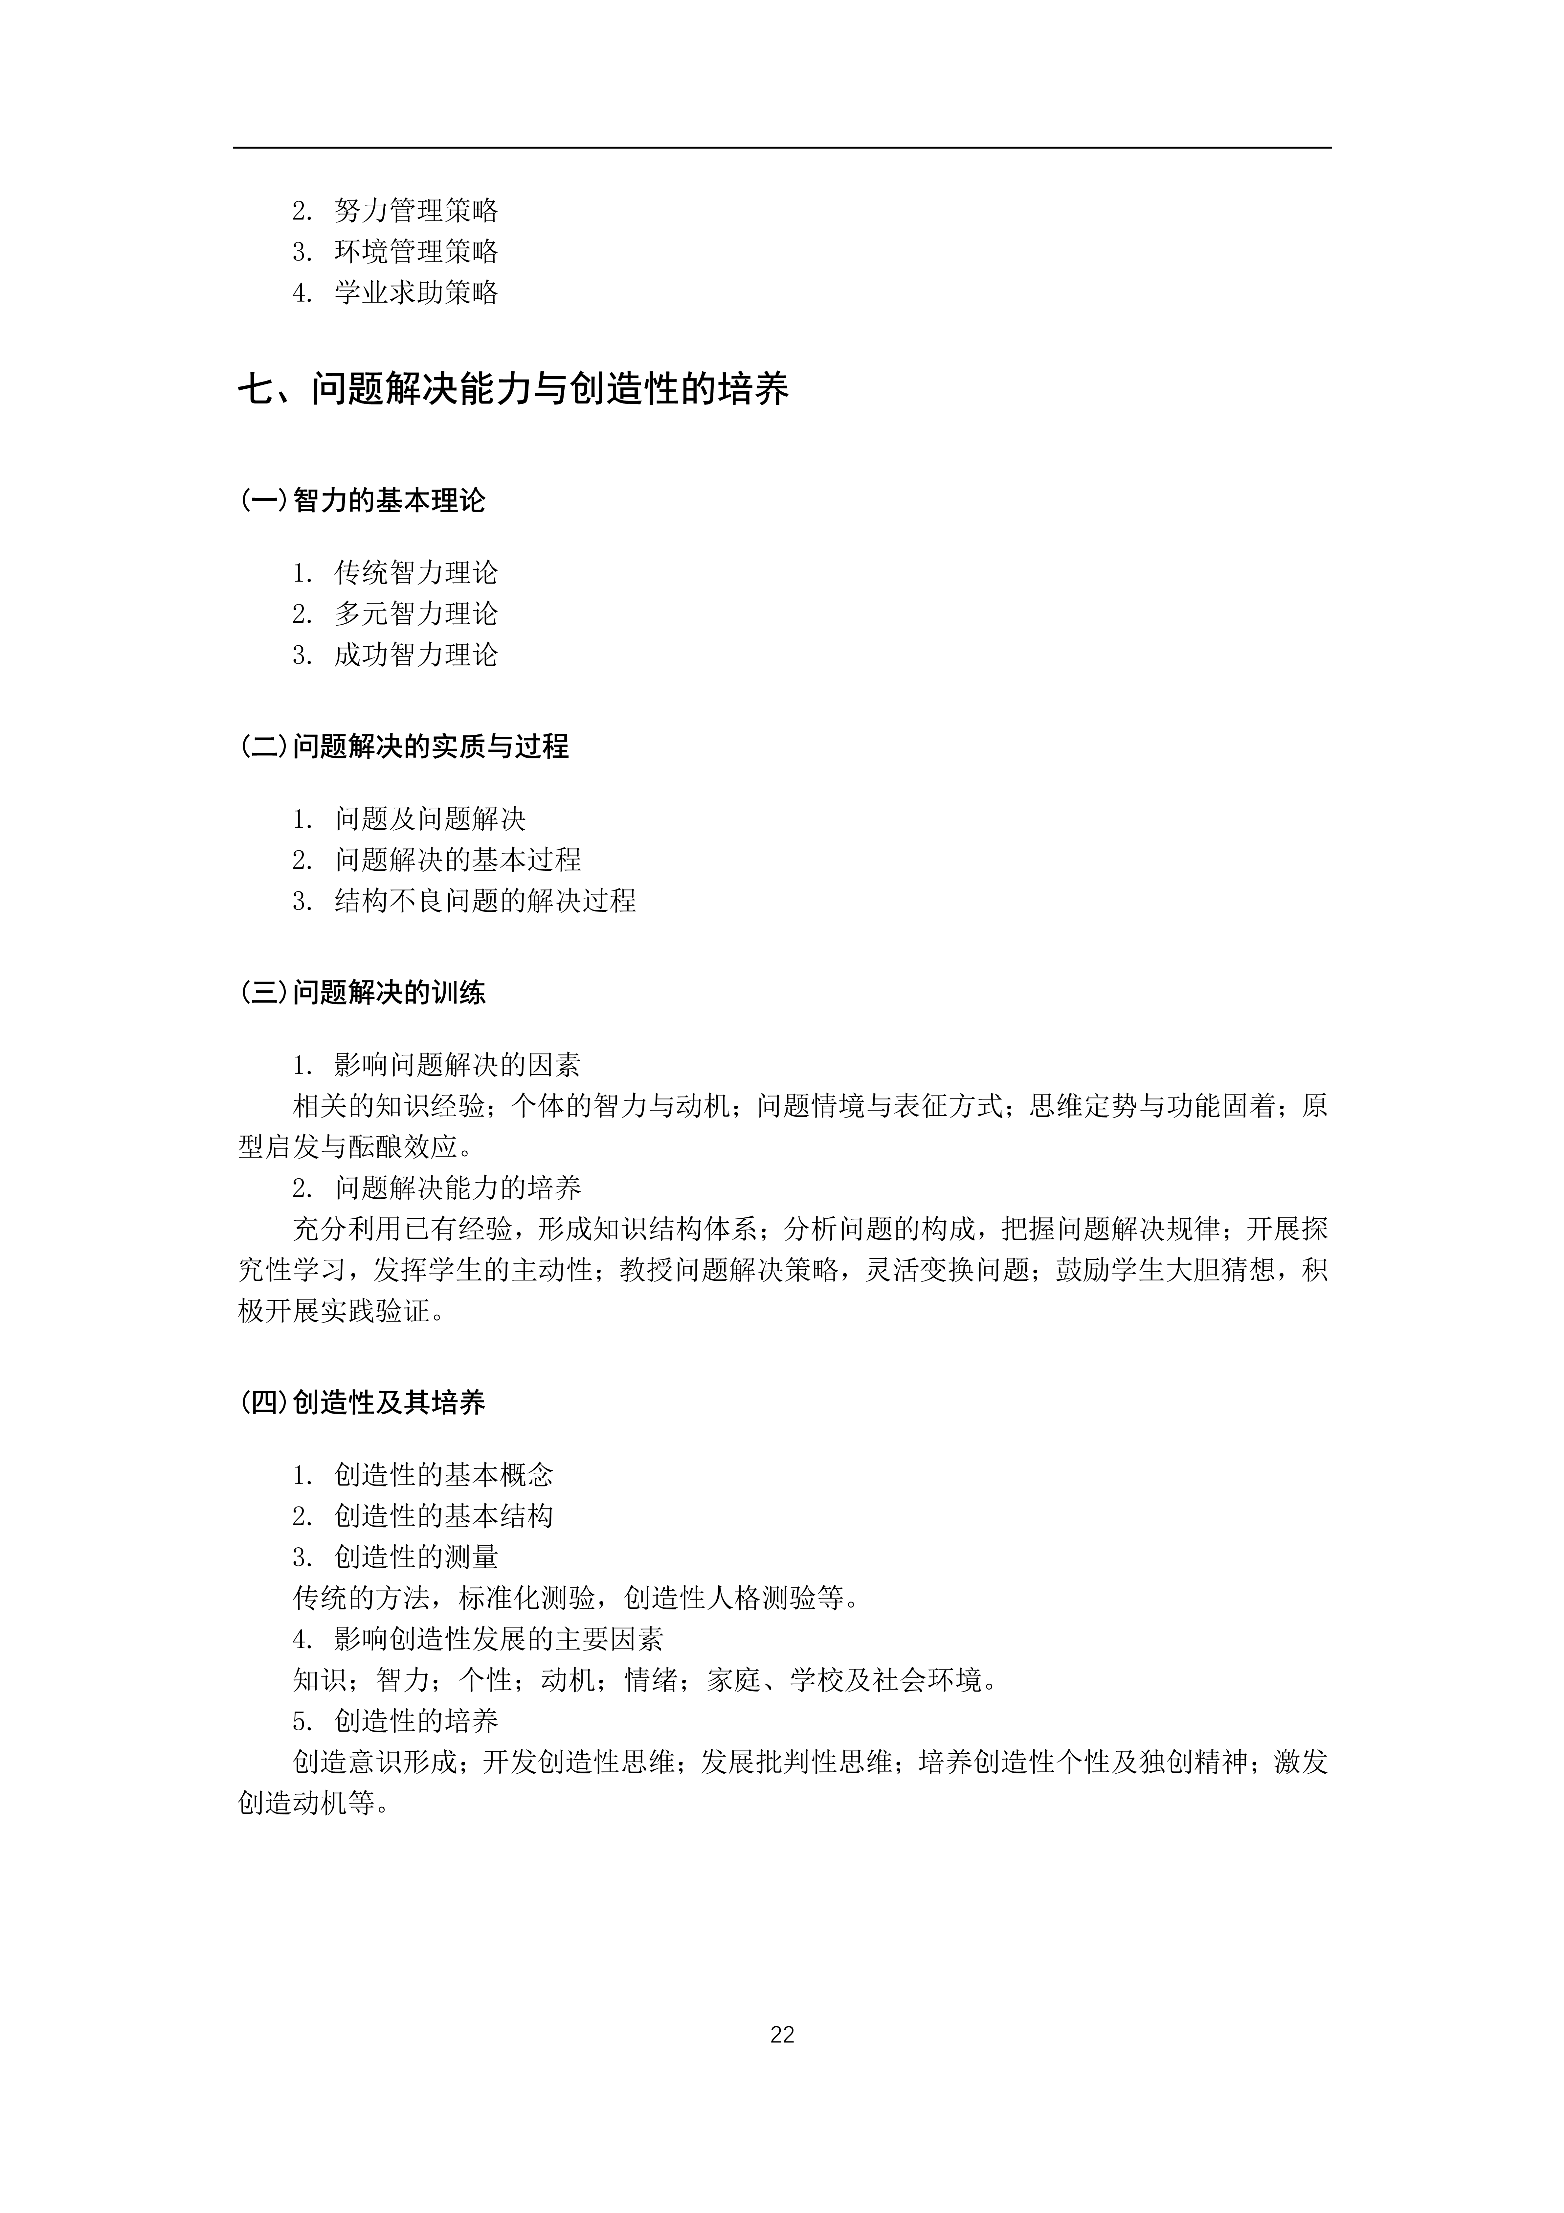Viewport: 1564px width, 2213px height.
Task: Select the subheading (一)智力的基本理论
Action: (362, 500)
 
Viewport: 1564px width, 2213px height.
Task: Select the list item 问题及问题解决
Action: (430, 819)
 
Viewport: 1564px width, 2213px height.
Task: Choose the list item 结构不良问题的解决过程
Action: (485, 901)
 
